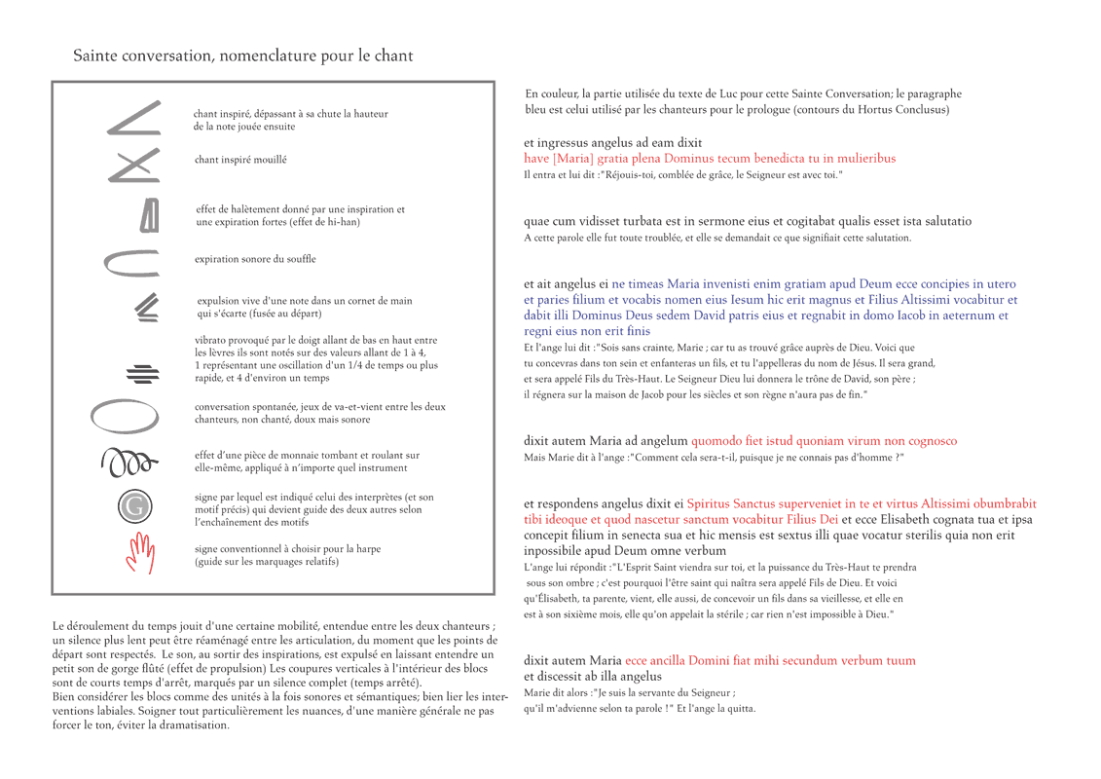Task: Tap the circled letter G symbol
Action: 135,506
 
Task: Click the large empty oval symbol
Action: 124,416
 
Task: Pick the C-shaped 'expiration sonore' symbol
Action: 124,262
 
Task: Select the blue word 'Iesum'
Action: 749,300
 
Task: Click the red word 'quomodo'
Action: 715,441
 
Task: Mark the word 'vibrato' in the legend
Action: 212,340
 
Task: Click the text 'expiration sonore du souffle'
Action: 255,259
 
